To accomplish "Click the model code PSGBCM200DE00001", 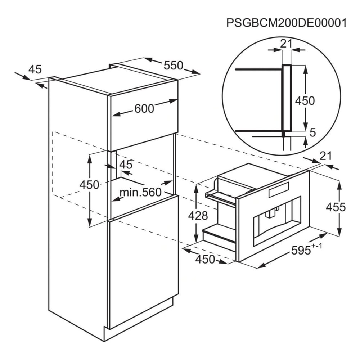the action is click(x=286, y=23).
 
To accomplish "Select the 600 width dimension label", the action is click(x=144, y=109).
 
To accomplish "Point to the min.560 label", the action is click(x=140, y=192).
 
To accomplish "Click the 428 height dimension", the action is click(x=198, y=215).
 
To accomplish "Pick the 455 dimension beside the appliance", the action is click(x=336, y=207).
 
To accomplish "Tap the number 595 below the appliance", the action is click(x=301, y=250).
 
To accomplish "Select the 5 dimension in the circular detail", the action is click(x=313, y=132).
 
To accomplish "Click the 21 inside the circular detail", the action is click(x=286, y=44).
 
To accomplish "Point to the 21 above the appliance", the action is click(x=326, y=156).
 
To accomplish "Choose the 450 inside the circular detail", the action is click(x=305, y=101).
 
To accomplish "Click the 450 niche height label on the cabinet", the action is click(x=89, y=185).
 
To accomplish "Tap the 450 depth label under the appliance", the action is click(x=205, y=259).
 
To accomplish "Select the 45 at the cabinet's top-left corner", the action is click(x=35, y=69).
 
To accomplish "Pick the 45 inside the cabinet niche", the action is click(x=126, y=165).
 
